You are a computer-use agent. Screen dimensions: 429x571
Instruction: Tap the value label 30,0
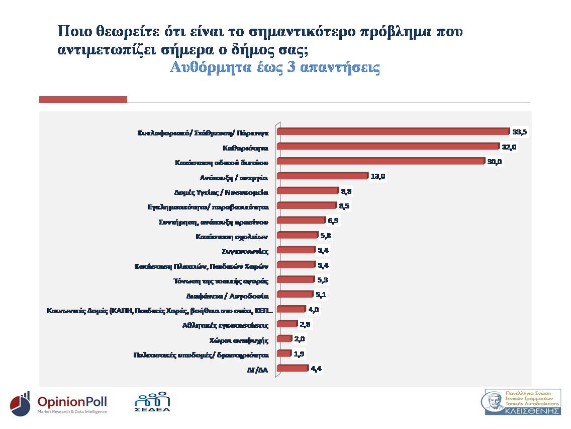[x=495, y=162]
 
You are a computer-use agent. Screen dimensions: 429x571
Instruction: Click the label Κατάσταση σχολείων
[x=232, y=236]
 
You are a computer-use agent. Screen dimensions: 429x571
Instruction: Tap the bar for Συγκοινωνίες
[x=296, y=250]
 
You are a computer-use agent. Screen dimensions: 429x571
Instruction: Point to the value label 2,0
[x=300, y=339]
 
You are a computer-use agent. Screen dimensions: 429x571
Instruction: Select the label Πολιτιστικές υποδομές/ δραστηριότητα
[x=204, y=354]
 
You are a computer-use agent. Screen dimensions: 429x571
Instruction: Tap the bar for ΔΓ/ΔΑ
[x=292, y=369]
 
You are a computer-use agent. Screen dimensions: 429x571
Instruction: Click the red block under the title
[x=83, y=100]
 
